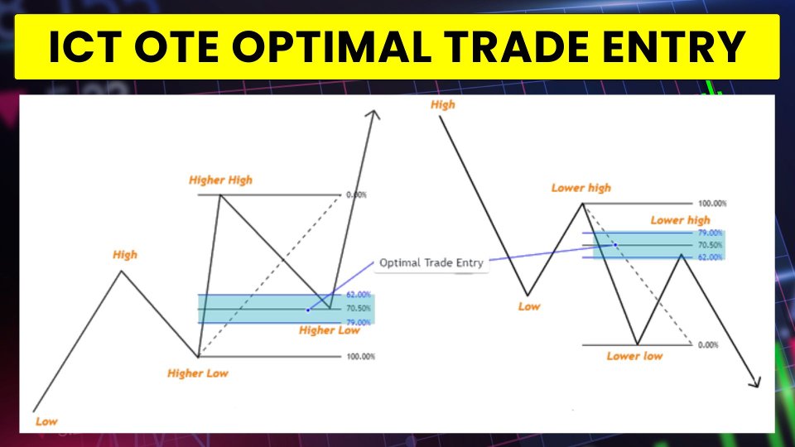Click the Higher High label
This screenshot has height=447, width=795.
pyautogui.click(x=220, y=180)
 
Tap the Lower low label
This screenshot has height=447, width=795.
pyautogui.click(x=635, y=356)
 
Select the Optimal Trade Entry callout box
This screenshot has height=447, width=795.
pyautogui.click(x=431, y=263)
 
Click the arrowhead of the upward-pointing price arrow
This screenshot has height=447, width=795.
pyautogui.click(x=374, y=114)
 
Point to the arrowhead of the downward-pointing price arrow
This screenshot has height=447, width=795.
pyautogui.click(x=755, y=382)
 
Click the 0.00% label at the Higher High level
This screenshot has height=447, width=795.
pyautogui.click(x=356, y=195)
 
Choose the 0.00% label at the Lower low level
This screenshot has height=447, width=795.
pyautogui.click(x=708, y=345)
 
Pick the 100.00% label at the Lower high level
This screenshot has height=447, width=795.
pyautogui.click(x=712, y=204)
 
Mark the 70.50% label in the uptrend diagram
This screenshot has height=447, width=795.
pyautogui.click(x=359, y=308)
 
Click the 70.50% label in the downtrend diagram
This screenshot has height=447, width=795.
pyautogui.click(x=711, y=245)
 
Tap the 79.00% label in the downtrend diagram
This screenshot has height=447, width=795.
pyautogui.click(x=711, y=233)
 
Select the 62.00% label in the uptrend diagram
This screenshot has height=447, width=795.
pyautogui.click(x=359, y=295)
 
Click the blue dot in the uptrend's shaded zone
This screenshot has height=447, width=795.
pyautogui.click(x=308, y=310)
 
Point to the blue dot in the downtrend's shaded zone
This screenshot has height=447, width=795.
pyautogui.click(x=615, y=245)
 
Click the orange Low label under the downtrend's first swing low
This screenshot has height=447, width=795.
pyautogui.click(x=529, y=306)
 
